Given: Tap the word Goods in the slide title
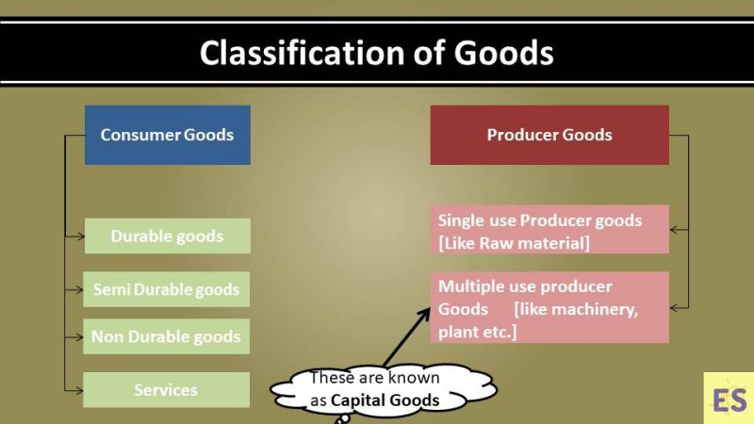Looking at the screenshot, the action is click(503, 53).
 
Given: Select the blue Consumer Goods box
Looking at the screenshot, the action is click(168, 135).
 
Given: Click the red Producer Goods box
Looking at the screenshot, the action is click(549, 135).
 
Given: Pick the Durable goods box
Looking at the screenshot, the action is click(168, 236).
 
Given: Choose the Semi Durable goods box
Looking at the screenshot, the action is click(167, 289).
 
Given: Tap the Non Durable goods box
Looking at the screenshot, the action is click(167, 336).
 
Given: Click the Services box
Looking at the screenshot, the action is click(167, 390).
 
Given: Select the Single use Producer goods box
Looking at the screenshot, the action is click(549, 229).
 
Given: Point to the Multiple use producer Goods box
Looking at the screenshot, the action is click(549, 308).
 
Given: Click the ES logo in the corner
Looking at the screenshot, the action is click(729, 399).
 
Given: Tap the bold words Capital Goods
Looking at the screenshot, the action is click(385, 400).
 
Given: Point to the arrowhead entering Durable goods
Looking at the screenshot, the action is click(80, 236).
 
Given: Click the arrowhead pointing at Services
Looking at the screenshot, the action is click(79, 390).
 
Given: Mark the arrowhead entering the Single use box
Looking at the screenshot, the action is click(674, 230).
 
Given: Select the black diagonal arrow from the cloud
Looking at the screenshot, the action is click(406, 337).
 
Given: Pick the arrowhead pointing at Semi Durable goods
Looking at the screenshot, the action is click(79, 290).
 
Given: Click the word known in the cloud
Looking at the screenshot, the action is click(414, 378).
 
